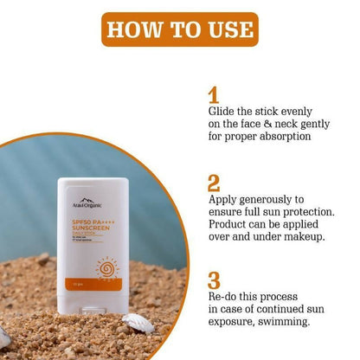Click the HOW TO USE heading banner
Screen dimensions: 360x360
point(179,29)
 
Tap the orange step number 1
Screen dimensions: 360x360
point(214,94)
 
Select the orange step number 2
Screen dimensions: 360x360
point(215,184)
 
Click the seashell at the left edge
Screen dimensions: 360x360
point(4,336)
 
